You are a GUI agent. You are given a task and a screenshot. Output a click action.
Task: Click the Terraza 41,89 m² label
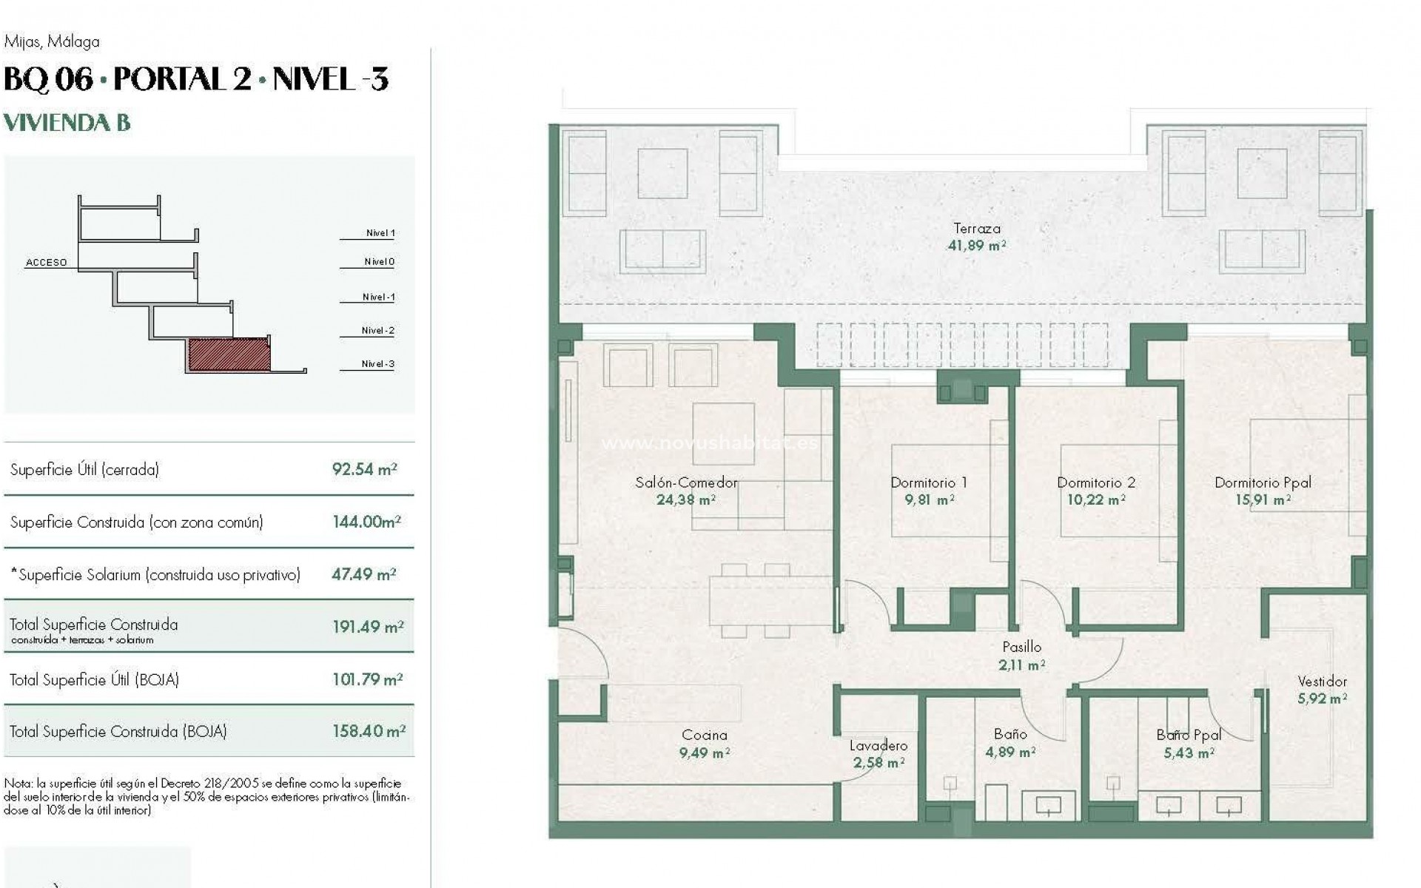(976, 238)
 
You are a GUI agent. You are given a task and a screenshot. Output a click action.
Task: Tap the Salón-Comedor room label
(686, 482)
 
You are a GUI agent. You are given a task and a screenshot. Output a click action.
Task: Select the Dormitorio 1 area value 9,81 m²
(929, 500)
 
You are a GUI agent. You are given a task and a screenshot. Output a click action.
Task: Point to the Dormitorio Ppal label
(1263, 482)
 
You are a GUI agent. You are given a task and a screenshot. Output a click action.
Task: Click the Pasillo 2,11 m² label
(1021, 656)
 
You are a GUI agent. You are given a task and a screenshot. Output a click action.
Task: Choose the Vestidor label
(1322, 682)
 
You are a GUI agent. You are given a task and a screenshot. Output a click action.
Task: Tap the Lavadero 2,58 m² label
(878, 754)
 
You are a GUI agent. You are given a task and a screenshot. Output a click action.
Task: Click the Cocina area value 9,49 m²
(704, 753)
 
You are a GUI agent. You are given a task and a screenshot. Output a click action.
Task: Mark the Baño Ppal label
(1188, 735)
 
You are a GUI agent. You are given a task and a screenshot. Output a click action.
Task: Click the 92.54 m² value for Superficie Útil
(364, 469)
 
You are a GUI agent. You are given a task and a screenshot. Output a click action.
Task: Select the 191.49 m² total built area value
(368, 627)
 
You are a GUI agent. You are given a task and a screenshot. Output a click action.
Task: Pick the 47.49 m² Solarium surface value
(363, 574)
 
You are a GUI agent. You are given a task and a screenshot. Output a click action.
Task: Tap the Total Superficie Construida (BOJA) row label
(118, 731)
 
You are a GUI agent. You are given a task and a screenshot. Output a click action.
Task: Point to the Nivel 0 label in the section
(379, 262)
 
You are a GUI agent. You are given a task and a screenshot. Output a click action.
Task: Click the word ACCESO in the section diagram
(46, 263)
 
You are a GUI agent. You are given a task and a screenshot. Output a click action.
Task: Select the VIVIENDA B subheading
(67, 123)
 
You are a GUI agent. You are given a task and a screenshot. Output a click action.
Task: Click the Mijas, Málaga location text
(52, 42)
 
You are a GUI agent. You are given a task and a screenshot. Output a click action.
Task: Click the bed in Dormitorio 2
(1109, 490)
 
